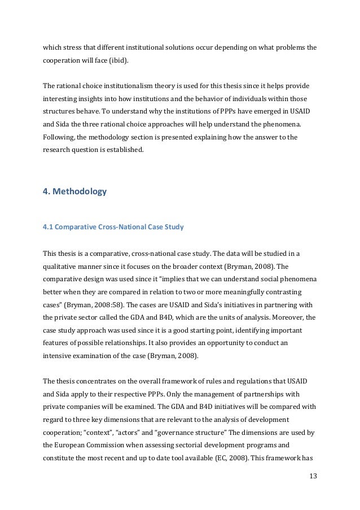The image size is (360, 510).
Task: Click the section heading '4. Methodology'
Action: [x=74, y=191]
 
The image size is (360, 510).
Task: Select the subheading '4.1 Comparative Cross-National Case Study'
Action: [x=113, y=228]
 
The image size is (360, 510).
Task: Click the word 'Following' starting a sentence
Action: [x=60, y=137]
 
